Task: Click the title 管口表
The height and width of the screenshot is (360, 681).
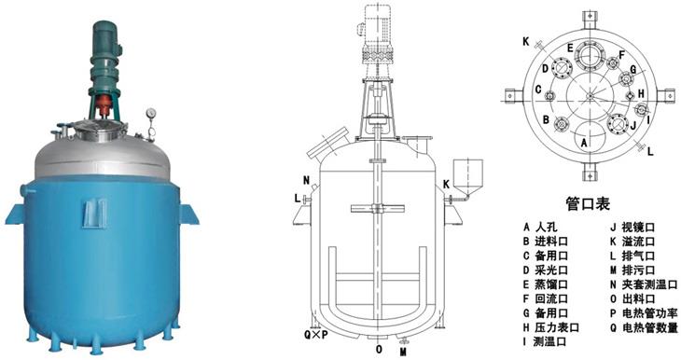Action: pyautogui.click(x=588, y=203)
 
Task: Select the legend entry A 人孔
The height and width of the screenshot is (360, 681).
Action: pyautogui.click(x=540, y=227)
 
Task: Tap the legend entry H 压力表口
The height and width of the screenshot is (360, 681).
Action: pyautogui.click(x=551, y=327)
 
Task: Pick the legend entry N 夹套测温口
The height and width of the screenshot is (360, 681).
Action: pyautogui.click(x=644, y=284)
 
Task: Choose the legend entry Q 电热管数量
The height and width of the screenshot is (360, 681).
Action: pyautogui.click(x=644, y=327)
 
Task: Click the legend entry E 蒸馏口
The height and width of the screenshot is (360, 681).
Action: pyautogui.click(x=546, y=284)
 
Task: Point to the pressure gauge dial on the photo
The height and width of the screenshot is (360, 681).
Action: pyautogui.click(x=151, y=114)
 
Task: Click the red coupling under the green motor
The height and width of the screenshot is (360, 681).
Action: pyautogui.click(x=104, y=105)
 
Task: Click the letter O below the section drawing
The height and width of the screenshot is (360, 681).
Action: pyautogui.click(x=380, y=349)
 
